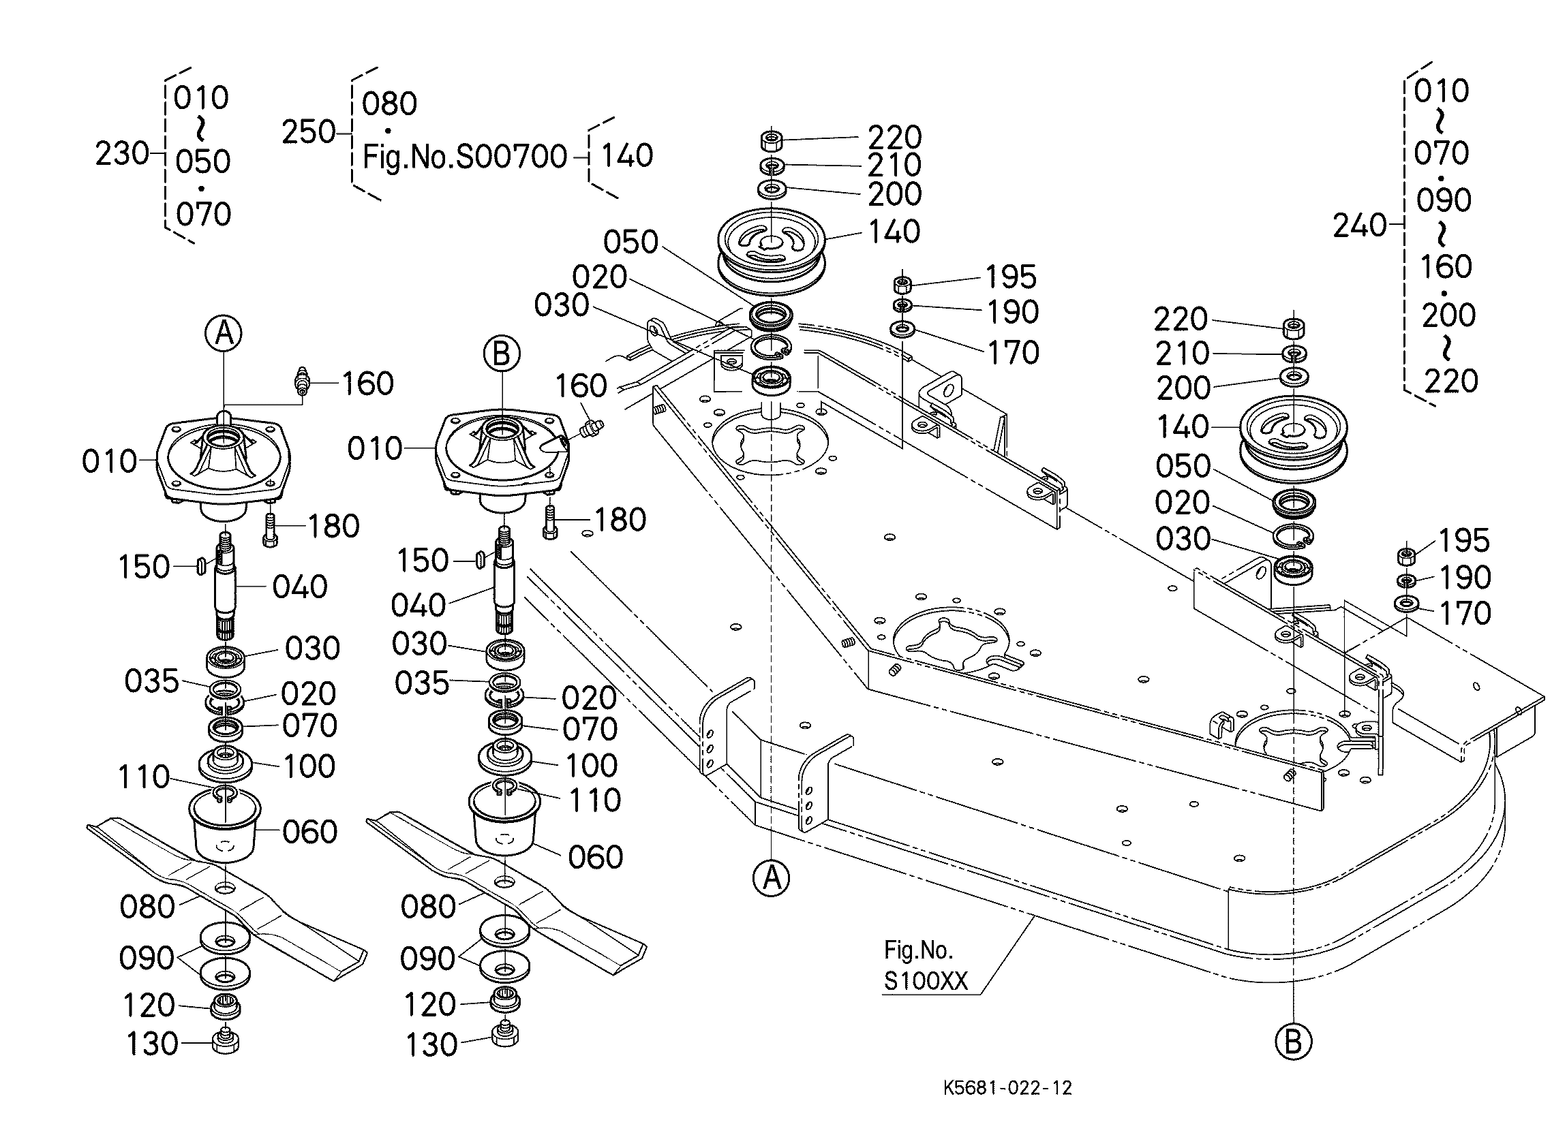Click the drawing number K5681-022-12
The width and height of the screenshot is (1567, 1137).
[x=1007, y=1088]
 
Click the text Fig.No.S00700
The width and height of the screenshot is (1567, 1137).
[x=465, y=157]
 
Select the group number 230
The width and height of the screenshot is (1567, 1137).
[x=121, y=153]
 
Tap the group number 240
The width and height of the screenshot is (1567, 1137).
[x=1360, y=225]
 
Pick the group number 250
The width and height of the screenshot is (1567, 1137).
[x=308, y=131]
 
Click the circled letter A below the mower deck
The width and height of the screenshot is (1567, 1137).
[x=771, y=878]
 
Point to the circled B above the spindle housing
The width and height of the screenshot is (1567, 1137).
[x=502, y=354]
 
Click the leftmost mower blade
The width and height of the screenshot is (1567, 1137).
[x=226, y=898]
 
